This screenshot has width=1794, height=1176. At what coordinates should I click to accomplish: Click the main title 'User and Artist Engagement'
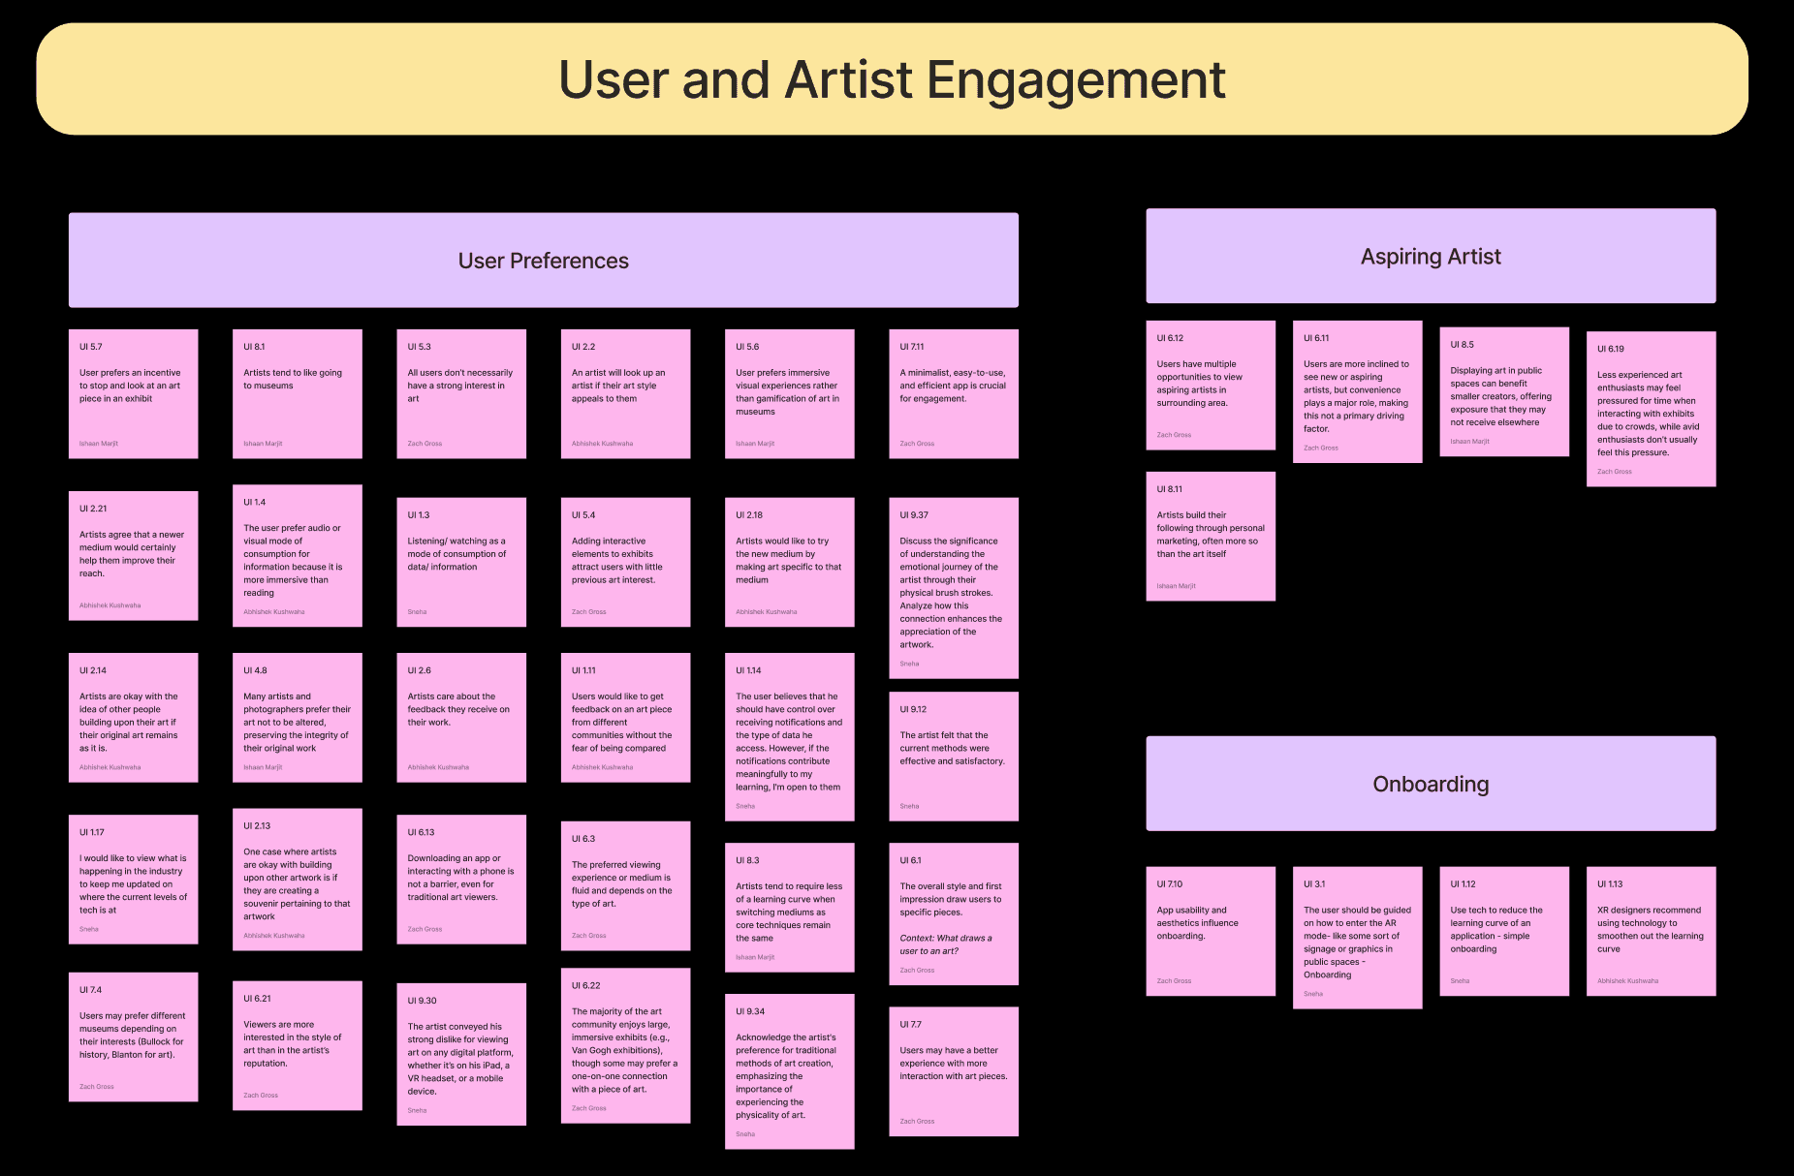point(892,79)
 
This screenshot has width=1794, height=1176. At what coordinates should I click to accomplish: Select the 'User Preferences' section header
point(543,261)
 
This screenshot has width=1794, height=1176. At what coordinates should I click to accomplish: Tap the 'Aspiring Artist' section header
point(1430,257)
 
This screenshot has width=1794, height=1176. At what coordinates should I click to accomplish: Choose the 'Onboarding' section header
point(1430,784)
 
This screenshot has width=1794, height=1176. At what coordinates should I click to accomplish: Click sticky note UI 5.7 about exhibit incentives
point(133,393)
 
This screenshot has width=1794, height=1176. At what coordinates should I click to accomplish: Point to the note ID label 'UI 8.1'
point(254,347)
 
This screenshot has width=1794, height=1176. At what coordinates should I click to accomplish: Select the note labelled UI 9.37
point(953,587)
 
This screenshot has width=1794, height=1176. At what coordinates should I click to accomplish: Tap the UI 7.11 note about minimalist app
point(953,393)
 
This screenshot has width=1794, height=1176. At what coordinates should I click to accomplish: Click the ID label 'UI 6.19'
point(1610,349)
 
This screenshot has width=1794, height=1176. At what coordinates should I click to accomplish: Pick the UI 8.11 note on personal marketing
point(1210,536)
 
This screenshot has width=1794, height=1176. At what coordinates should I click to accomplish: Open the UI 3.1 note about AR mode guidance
point(1357,937)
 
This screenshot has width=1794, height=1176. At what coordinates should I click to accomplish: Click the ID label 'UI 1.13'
point(1610,884)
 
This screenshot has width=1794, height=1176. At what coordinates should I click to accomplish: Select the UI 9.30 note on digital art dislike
point(460,1054)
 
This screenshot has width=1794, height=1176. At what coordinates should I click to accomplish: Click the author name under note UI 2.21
point(110,605)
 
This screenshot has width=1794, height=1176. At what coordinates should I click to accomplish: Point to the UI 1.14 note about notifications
point(789,737)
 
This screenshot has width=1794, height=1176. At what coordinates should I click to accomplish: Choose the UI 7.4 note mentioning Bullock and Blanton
point(133,1037)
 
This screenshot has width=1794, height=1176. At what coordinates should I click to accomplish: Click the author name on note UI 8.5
point(1469,442)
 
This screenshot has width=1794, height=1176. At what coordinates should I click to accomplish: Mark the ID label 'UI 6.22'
point(585,986)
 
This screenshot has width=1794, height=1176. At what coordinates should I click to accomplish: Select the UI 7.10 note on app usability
point(1210,931)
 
